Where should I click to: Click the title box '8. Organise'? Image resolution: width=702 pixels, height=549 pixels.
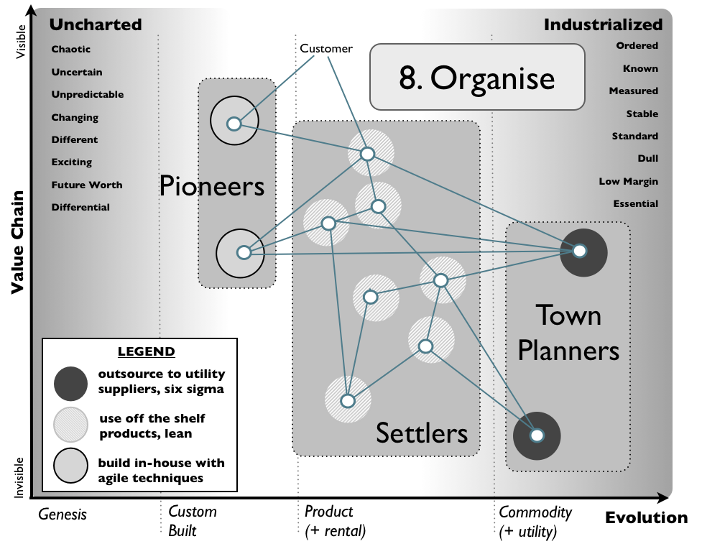(x=476, y=78)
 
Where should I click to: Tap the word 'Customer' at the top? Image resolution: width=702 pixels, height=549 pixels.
(x=326, y=49)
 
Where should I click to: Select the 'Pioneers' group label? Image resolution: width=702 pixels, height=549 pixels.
(x=212, y=186)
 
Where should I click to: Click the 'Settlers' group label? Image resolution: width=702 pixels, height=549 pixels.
(x=422, y=433)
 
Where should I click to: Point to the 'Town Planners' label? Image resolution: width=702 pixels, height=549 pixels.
(x=568, y=333)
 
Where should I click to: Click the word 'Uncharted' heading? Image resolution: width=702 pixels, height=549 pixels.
(x=95, y=24)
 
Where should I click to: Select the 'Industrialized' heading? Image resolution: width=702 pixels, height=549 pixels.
(x=603, y=24)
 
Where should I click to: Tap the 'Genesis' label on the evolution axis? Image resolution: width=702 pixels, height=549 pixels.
(x=63, y=514)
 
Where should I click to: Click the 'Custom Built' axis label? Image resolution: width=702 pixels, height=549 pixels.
(x=192, y=522)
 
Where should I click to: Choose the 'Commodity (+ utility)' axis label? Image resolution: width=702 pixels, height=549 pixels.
(x=535, y=522)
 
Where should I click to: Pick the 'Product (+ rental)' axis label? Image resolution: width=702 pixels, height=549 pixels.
(x=335, y=522)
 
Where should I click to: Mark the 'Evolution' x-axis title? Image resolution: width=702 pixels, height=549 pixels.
(x=646, y=518)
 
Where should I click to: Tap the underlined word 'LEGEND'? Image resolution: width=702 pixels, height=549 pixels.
(x=146, y=352)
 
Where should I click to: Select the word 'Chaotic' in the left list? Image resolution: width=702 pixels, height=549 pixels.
(x=71, y=50)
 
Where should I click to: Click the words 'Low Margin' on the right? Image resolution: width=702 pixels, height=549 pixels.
(x=628, y=181)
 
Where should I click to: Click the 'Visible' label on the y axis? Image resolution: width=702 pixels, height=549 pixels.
(x=21, y=42)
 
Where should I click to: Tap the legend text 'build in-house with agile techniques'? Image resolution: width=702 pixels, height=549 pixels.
(x=161, y=471)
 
